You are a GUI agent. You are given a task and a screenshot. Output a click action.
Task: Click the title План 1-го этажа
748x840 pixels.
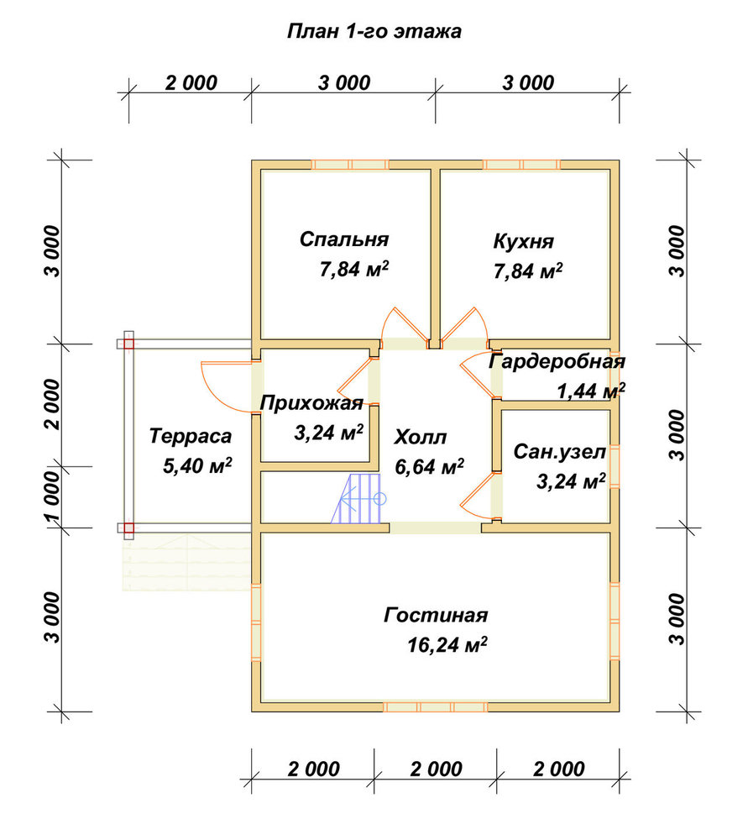point(374,31)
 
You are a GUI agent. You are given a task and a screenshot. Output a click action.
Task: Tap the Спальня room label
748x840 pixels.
point(344,239)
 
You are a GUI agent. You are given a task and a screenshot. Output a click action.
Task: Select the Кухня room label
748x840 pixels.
point(524,242)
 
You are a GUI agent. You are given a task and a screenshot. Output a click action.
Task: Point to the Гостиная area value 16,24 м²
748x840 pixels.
point(447,644)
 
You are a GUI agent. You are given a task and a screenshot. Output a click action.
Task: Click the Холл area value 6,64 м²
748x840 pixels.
point(430,466)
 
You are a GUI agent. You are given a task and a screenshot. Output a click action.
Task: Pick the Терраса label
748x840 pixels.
point(191,436)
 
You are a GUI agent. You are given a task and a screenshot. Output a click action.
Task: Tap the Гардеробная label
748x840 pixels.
point(557,361)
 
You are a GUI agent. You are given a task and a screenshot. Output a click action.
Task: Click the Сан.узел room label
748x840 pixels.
point(559,452)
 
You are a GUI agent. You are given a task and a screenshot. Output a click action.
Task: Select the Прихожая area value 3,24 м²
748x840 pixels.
point(329,433)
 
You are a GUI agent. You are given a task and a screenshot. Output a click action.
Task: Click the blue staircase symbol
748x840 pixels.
point(357,499)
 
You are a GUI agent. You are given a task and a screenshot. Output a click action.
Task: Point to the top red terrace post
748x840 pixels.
point(128,344)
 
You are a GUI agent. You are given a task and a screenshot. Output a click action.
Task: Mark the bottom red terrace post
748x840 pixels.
point(128,528)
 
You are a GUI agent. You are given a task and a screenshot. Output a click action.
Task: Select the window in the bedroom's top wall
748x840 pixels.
point(350,165)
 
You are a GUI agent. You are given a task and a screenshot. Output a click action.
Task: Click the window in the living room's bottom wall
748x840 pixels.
point(436,707)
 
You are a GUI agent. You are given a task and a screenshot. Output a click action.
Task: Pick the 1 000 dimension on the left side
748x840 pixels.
point(53,496)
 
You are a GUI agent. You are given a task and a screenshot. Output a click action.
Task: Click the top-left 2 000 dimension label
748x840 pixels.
point(191,83)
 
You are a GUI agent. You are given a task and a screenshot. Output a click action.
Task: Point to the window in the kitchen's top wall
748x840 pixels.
point(521,165)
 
